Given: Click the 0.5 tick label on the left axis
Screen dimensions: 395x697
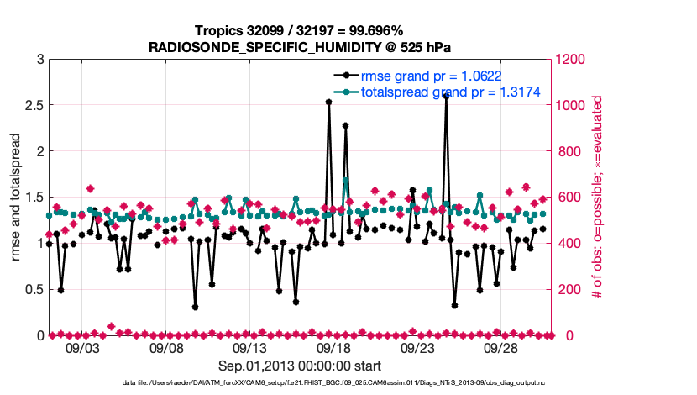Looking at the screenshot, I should (x=33, y=289).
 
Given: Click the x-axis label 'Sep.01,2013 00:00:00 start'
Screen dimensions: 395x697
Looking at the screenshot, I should (x=300, y=366).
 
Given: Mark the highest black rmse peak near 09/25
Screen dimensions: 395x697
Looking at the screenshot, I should (x=446, y=96).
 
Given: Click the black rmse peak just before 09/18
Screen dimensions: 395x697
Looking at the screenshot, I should (x=328, y=102).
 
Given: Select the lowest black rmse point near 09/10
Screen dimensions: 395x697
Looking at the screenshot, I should (x=195, y=307).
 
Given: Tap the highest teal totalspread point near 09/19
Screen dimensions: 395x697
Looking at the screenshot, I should (x=345, y=181).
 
